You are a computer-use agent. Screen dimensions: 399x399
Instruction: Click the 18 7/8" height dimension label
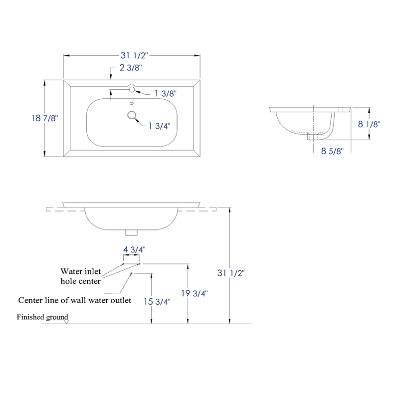click(45, 118)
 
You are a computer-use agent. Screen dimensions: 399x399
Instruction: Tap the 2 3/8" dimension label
click(131, 68)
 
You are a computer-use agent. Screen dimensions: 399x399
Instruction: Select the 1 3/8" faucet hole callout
click(166, 93)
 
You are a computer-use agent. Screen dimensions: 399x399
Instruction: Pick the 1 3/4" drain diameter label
click(159, 126)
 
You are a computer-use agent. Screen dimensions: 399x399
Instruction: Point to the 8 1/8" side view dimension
click(369, 124)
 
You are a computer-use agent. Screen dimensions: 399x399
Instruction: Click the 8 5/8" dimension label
click(332, 151)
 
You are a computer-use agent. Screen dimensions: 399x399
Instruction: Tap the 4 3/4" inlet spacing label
click(134, 250)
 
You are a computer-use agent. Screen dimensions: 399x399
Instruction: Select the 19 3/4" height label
click(195, 293)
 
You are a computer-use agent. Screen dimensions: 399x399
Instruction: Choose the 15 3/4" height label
click(157, 302)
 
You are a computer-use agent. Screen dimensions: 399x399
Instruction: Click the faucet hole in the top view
click(132, 89)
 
